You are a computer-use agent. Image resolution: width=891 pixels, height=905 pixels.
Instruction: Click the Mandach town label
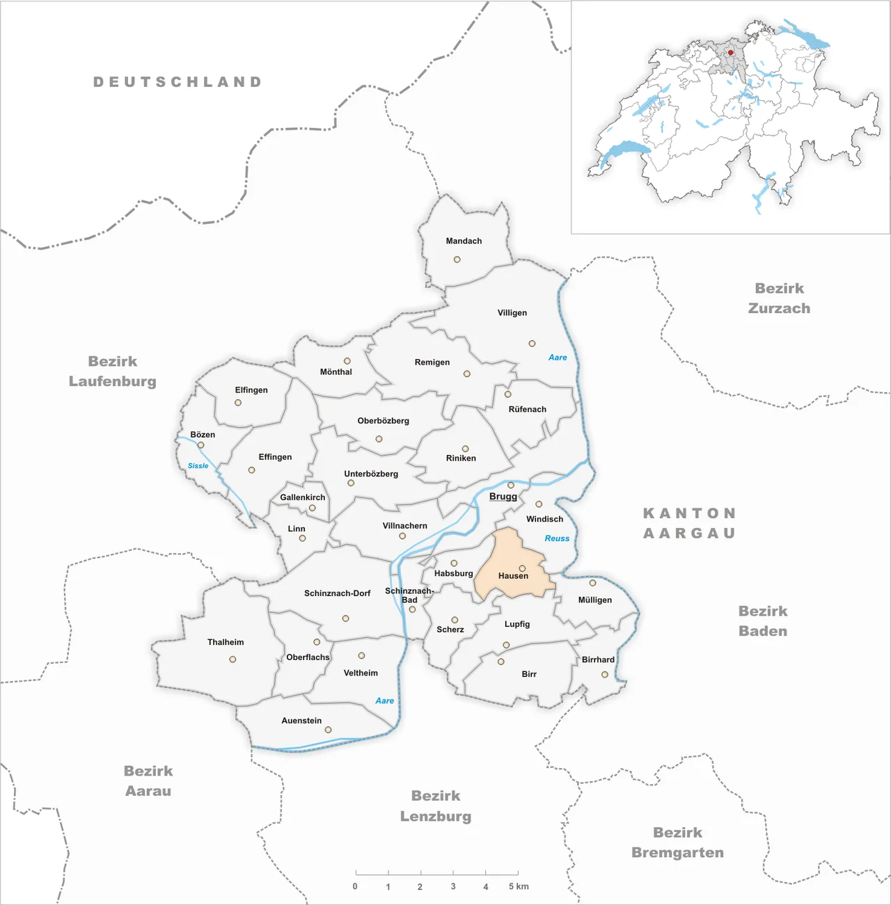click(464, 241)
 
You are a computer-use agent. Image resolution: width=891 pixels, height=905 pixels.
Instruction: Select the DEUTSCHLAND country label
click(178, 82)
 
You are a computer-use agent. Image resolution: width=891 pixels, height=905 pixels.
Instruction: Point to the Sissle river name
click(198, 466)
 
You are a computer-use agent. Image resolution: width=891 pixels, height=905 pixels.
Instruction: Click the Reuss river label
click(557, 538)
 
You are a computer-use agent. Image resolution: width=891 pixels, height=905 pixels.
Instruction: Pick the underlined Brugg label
click(503, 497)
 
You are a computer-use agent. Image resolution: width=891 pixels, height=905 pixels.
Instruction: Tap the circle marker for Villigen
click(532, 344)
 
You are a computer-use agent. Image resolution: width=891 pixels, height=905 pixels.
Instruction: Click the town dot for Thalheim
click(232, 659)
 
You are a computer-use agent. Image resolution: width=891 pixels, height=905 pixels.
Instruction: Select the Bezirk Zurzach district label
click(779, 298)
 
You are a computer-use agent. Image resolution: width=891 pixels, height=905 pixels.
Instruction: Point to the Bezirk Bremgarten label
click(677, 842)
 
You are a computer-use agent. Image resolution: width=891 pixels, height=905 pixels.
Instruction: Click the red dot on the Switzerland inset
click(731, 52)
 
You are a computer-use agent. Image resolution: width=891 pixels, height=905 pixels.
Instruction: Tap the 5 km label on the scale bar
click(519, 886)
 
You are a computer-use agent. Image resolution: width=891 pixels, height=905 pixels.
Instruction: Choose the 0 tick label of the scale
click(355, 886)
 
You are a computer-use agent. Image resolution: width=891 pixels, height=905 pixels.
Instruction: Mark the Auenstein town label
click(301, 721)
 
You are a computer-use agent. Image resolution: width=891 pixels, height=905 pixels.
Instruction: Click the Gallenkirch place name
click(303, 497)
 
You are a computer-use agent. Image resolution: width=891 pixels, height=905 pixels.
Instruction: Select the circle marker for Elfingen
click(238, 403)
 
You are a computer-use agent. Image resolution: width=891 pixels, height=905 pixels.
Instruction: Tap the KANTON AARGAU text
click(689, 523)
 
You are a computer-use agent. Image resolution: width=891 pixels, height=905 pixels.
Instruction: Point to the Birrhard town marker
click(604, 675)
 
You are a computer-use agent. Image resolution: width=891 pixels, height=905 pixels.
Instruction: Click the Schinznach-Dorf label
click(337, 593)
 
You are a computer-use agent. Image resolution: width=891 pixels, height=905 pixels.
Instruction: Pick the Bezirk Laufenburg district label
click(113, 371)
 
